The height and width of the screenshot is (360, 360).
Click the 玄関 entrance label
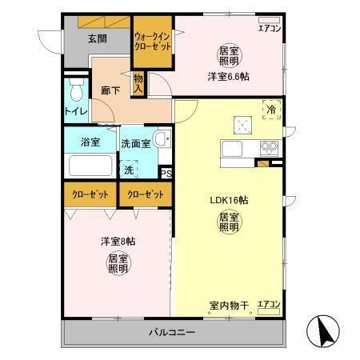98,38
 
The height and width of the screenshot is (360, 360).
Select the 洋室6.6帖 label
228,76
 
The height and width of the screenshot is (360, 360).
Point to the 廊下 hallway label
110,92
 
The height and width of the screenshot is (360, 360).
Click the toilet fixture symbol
76,86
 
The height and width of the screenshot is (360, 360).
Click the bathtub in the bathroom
90,166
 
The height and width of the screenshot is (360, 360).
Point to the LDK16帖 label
229,200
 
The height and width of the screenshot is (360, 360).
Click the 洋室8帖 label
118,241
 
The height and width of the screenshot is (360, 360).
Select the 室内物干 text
230,305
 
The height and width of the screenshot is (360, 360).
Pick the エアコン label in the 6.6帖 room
270,28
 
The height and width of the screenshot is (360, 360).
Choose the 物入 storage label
138,82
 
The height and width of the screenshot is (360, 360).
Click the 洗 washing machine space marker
128,169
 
